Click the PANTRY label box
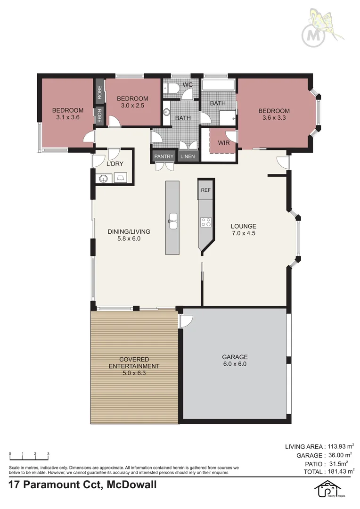click(164, 156)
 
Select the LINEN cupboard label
click(188, 156)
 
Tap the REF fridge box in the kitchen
click(205, 190)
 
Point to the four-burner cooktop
click(206, 222)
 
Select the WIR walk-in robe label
click(224, 143)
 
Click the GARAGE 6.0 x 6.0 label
click(235, 360)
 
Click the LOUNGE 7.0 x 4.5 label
click(244, 229)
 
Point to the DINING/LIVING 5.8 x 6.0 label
click(129, 235)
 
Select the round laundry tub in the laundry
click(104, 178)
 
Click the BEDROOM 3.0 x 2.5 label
click(132, 102)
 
